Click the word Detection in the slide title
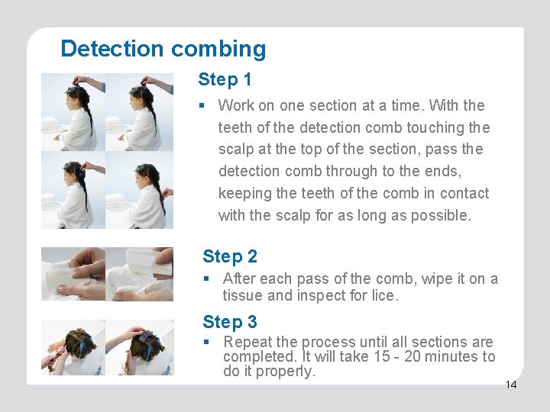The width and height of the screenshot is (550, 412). click(x=112, y=48)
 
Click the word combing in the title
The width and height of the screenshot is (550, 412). click(x=218, y=49)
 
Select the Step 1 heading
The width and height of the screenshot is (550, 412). click(x=225, y=79)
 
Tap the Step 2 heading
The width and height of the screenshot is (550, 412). click(x=230, y=256)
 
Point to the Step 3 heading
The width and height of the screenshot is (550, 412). click(x=230, y=322)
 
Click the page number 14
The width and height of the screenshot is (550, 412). click(x=511, y=385)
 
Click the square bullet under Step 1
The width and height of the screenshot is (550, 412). click(x=202, y=105)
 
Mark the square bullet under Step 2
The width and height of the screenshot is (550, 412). click(x=206, y=279)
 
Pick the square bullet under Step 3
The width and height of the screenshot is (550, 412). click(x=206, y=342)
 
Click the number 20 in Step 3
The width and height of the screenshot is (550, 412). click(x=412, y=356)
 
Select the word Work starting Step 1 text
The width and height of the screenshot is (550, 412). click(x=236, y=105)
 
